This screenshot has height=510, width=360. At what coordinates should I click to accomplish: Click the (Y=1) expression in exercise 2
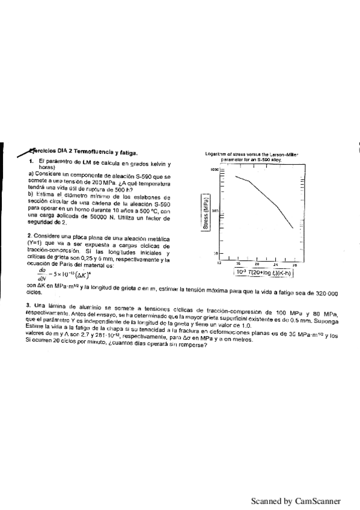[35, 245]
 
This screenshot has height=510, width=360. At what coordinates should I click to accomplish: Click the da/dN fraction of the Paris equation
[41, 274]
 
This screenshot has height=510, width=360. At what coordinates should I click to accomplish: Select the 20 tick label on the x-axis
[257, 264]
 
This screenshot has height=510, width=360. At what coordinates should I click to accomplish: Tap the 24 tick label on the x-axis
[276, 264]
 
